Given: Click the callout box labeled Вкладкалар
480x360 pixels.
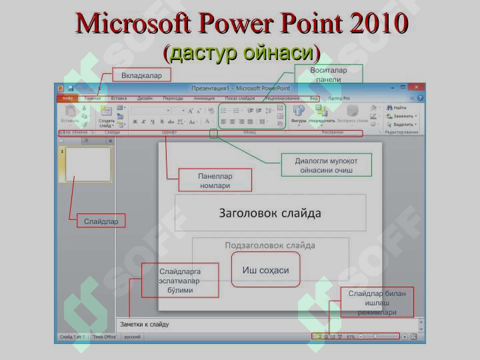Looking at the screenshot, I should click(x=141, y=75).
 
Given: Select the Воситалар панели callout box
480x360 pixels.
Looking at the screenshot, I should click(x=328, y=75).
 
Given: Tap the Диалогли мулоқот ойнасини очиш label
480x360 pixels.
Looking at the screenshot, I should click(x=326, y=165).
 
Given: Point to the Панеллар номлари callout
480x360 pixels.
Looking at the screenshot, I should click(x=215, y=181).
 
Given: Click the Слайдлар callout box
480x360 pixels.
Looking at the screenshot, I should click(x=101, y=221).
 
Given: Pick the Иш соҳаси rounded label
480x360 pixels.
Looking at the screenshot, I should click(x=265, y=270).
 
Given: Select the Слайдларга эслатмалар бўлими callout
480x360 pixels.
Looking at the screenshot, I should click(x=179, y=281).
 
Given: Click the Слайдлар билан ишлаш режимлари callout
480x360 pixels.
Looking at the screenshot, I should click(x=377, y=303).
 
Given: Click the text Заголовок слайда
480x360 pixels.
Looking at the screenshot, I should click(x=270, y=213).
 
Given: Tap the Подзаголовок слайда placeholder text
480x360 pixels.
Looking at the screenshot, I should click(x=270, y=245).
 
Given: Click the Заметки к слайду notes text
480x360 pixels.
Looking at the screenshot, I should click(x=145, y=325).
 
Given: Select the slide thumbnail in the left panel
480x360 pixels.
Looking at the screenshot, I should click(x=88, y=165).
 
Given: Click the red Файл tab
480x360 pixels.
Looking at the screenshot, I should click(x=67, y=98).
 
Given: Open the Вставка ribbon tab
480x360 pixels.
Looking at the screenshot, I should click(x=119, y=98).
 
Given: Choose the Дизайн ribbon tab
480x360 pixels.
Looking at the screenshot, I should click(x=145, y=98).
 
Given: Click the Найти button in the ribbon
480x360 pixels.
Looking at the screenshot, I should click(x=399, y=107).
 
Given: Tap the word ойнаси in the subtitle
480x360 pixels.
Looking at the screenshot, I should click(x=279, y=52).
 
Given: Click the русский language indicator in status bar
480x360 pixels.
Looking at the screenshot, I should click(x=132, y=337).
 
